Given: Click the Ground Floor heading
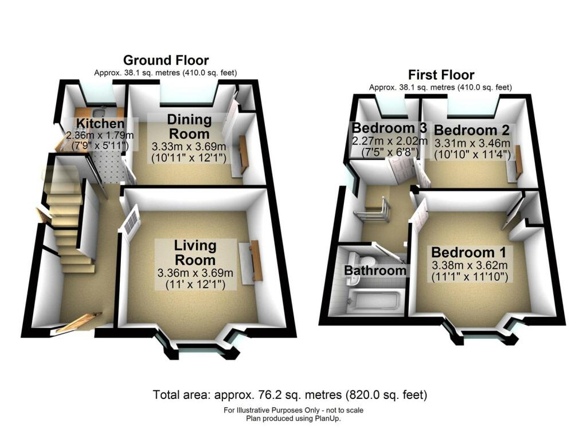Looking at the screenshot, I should coord(166,60).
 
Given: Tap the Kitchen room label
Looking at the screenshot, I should coord(100,124).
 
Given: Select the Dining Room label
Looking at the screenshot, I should coord(189,126).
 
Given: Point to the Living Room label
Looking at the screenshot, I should coord(195,252).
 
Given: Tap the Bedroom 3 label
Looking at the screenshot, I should coord(390,127).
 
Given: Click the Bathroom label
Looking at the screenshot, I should coord(375,271).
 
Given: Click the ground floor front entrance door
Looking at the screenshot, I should coord(79,322).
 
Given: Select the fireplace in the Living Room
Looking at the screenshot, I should coord(255,262).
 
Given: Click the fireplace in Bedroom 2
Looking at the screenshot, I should coord(518,162).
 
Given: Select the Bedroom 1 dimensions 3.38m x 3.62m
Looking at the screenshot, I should coord(469,265).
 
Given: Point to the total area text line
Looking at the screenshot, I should coord(290,395).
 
